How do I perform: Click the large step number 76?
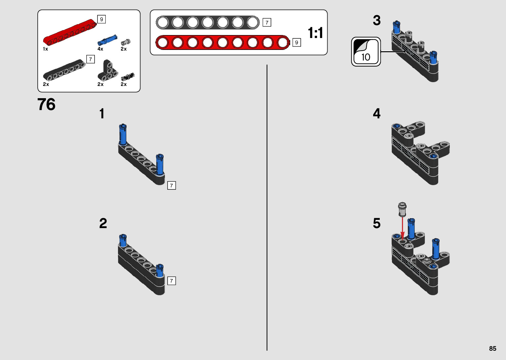[x=46, y=104]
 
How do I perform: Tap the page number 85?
[x=492, y=348]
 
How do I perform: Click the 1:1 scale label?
[x=315, y=33]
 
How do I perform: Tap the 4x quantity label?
[x=100, y=49]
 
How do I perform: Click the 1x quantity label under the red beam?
[x=46, y=49]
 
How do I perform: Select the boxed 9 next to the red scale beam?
[x=296, y=42]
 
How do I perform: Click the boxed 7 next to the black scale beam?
[x=267, y=22]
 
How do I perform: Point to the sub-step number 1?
[x=102, y=114]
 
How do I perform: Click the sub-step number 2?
[x=103, y=223]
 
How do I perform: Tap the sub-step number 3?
[x=376, y=20]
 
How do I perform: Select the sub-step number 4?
[x=376, y=114]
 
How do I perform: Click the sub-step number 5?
[x=376, y=223]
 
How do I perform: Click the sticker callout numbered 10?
[x=366, y=52]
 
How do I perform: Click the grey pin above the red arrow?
[x=402, y=209]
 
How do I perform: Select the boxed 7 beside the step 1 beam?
[x=171, y=185]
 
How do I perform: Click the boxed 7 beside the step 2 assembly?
[x=171, y=281]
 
